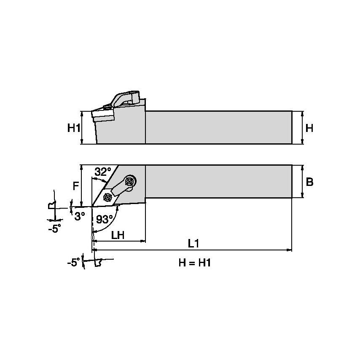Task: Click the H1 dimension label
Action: click(x=73, y=128)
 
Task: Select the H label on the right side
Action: click(x=309, y=128)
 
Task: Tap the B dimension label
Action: click(x=309, y=182)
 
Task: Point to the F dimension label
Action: click(x=75, y=185)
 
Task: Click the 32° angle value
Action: click(x=102, y=172)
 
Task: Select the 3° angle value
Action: click(x=79, y=215)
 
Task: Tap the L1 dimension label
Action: click(x=193, y=243)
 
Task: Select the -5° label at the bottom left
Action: click(x=73, y=263)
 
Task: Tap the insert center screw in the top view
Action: click(x=107, y=196)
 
